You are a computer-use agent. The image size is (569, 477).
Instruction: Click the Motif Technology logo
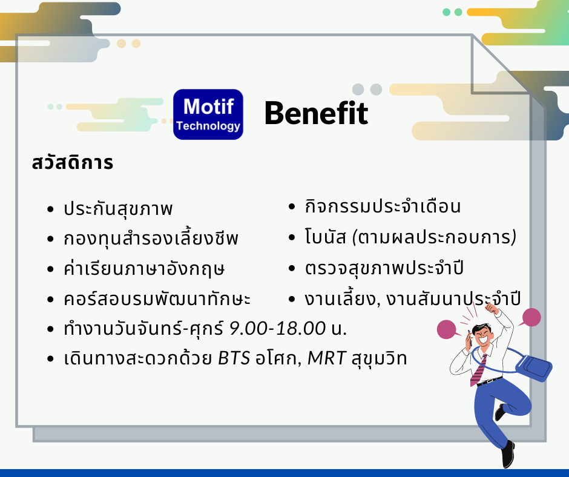click(x=208, y=114)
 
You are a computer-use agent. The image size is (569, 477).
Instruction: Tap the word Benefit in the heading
click(x=317, y=113)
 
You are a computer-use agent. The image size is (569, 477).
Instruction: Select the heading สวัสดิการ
click(x=73, y=163)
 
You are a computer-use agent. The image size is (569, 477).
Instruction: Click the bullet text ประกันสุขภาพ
click(x=118, y=208)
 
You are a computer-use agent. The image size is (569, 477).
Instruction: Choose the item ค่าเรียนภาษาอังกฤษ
click(x=144, y=269)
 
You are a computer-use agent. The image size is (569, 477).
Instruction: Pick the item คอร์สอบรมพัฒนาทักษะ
click(x=157, y=299)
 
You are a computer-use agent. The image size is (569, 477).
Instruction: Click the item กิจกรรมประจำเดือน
click(x=383, y=206)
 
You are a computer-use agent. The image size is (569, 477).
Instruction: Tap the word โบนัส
click(x=325, y=237)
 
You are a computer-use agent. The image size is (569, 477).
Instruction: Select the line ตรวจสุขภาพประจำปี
click(x=384, y=269)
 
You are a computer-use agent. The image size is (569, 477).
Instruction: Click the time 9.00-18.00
click(x=278, y=328)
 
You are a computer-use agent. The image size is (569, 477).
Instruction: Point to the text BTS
click(x=234, y=358)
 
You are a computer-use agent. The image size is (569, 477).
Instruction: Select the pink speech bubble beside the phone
click(x=447, y=329)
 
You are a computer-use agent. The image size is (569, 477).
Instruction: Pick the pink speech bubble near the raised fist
click(x=531, y=318)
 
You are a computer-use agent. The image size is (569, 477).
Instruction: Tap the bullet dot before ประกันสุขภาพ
click(x=50, y=209)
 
